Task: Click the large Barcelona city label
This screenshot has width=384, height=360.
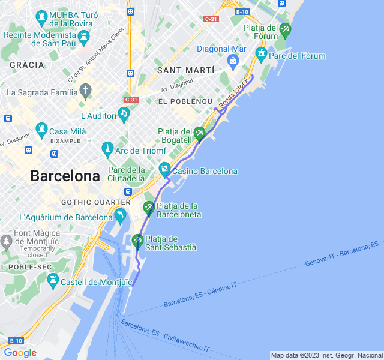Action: pyautogui.click(x=65, y=176)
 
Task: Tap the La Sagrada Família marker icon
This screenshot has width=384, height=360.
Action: pyautogui.click(x=86, y=92)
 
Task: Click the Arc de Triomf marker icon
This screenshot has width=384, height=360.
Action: pyautogui.click(x=107, y=148)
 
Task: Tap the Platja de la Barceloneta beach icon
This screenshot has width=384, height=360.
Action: pyautogui.click(x=149, y=208)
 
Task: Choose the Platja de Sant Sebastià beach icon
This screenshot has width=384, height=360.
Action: pyautogui.click(x=137, y=241)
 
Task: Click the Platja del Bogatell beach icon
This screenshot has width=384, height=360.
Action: pyautogui.click(x=199, y=133)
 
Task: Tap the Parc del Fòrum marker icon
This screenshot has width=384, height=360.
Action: pyautogui.click(x=261, y=55)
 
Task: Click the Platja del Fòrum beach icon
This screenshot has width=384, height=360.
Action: pyautogui.click(x=285, y=29)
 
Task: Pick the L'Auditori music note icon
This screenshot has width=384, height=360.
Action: pyautogui.click(x=124, y=113)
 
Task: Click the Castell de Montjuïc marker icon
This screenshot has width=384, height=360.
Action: pyautogui.click(x=53, y=280)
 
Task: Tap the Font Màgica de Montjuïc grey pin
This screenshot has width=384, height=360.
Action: pyautogui.click(x=7, y=242)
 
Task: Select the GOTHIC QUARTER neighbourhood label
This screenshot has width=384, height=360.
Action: pyautogui.click(x=96, y=202)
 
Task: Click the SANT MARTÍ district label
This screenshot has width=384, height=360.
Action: pyautogui.click(x=185, y=70)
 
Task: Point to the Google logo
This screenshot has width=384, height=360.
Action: pyautogui.click(x=20, y=353)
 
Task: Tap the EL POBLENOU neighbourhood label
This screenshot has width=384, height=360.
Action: pyautogui.click(x=185, y=101)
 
